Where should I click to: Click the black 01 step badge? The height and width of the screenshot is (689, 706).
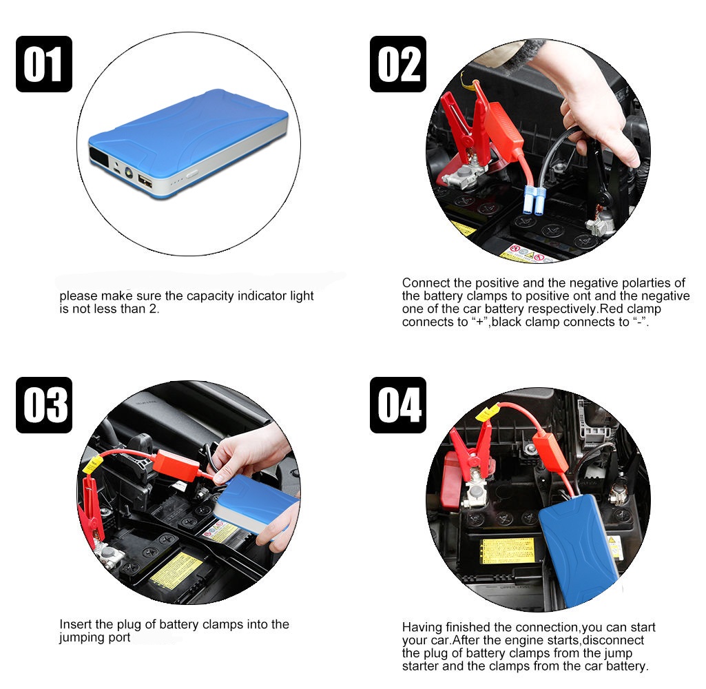(44, 64)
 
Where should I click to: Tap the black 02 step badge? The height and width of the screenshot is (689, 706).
(398, 64)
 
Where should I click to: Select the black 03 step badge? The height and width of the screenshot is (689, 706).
(44, 405)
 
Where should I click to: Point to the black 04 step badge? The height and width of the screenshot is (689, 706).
(398, 405)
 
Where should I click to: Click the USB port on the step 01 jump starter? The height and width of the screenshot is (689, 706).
(145, 181)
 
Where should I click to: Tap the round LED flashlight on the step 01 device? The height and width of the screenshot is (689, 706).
(128, 172)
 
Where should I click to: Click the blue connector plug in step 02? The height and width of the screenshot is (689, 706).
(534, 200)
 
